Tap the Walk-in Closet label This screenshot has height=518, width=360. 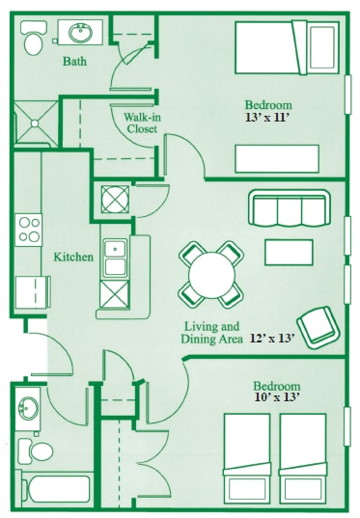click(142, 123)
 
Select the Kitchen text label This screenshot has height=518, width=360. click(73, 257)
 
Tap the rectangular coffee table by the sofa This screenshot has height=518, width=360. click(289, 252)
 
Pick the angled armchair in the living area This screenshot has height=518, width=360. click(316, 325)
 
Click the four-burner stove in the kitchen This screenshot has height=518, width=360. click(29, 230)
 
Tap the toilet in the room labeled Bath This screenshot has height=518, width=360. click(32, 42)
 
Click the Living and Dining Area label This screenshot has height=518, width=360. click(210, 333)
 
